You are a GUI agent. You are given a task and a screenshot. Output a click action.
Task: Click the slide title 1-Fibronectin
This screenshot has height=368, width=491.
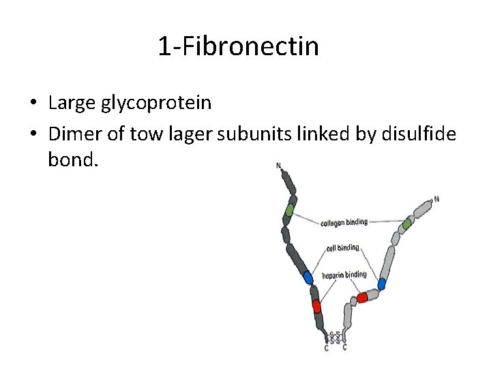point(238,46)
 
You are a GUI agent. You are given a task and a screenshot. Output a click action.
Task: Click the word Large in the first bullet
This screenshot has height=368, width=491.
point(72,103)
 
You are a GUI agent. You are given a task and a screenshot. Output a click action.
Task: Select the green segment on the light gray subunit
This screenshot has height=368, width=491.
point(407,223)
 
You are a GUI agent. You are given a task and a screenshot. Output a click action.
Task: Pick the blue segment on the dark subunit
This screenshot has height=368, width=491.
point(308,277)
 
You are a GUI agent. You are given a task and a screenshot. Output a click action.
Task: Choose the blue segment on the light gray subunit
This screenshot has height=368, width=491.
point(382,283)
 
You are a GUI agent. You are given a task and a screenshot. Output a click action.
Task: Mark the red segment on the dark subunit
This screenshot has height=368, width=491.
point(316,306)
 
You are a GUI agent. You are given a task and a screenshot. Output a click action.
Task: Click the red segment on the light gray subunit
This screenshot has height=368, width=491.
point(362,297)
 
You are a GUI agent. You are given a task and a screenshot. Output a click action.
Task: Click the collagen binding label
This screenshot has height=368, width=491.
point(344,221)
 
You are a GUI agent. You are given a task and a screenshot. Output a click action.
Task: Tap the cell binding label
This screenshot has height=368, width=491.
point(342,248)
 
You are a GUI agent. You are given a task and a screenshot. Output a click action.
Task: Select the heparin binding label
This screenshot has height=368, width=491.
point(344,275)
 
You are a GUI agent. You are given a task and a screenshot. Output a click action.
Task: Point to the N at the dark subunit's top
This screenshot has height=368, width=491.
point(278,165)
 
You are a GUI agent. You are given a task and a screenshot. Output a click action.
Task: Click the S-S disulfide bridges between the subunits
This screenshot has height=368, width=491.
point(335,337)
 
